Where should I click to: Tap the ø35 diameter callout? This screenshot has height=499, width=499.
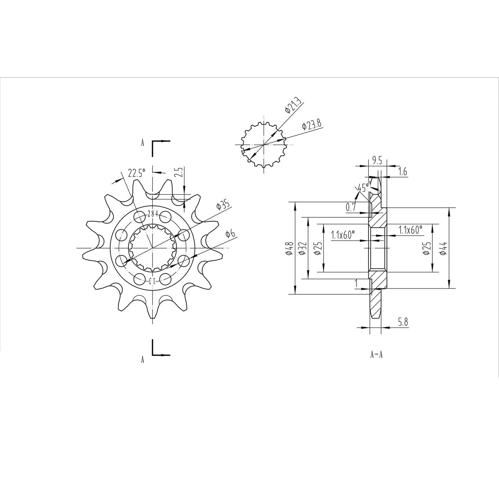(223, 205)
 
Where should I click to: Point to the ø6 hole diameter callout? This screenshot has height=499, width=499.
(230, 234)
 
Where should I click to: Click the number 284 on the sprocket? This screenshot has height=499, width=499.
(152, 214)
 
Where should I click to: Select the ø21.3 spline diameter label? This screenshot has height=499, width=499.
(293, 105)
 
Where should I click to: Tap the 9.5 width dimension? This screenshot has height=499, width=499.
(376, 160)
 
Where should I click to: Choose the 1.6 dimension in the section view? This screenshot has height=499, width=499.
(403, 172)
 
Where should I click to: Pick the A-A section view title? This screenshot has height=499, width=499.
(376, 355)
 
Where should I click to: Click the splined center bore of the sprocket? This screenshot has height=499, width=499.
(152, 248)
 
